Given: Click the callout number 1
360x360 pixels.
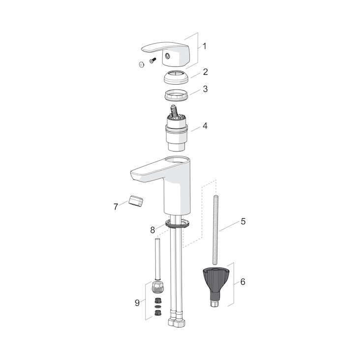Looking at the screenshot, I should click(x=204, y=47).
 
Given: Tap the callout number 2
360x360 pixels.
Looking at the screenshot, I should click(x=205, y=72).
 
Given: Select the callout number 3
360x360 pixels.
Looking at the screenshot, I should click(x=205, y=90).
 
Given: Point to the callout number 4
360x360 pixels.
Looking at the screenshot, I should click(x=205, y=126).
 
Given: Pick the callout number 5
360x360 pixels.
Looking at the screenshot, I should click(x=243, y=222).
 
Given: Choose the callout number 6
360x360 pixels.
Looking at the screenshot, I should click(x=242, y=282).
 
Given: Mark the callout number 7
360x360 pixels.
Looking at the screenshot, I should click(x=116, y=207).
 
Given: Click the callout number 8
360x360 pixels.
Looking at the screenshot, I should click(x=153, y=230).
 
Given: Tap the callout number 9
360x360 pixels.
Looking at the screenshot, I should click(x=137, y=303).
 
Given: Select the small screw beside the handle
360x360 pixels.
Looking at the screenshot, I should click(x=151, y=61).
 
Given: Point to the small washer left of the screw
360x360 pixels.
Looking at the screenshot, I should click(x=142, y=64).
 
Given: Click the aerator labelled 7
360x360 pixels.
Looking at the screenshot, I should click(x=135, y=201).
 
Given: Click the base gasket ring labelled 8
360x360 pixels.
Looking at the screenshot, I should click(x=178, y=225).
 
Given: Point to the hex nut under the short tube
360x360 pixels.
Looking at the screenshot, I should click(x=158, y=288).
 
